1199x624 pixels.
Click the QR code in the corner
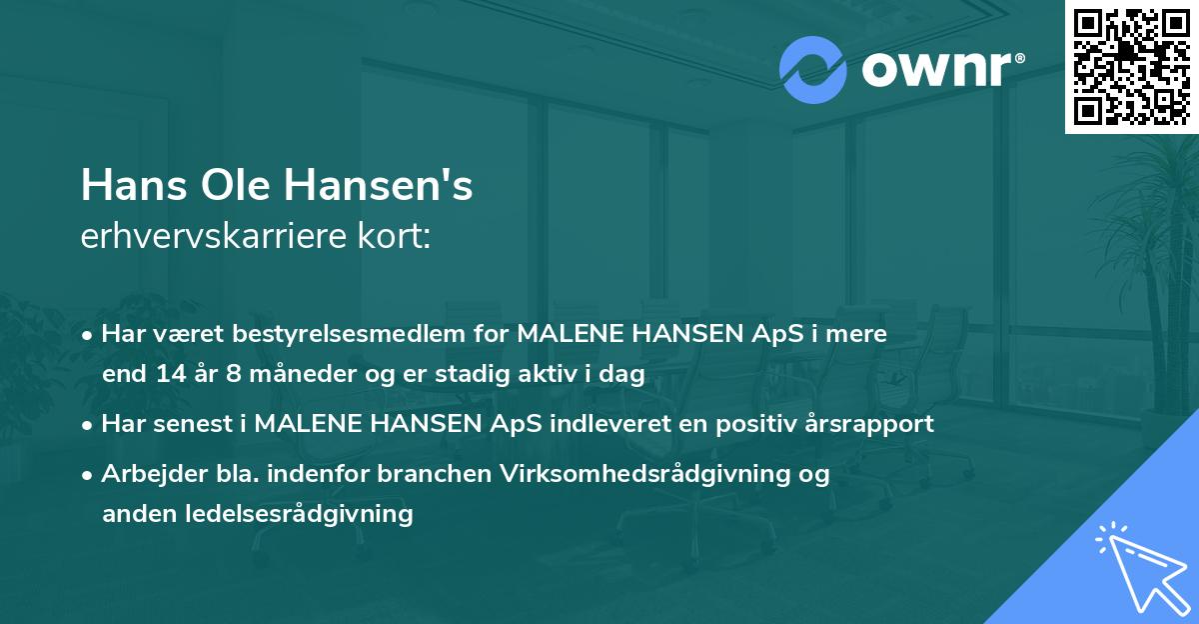(x=1131, y=66)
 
